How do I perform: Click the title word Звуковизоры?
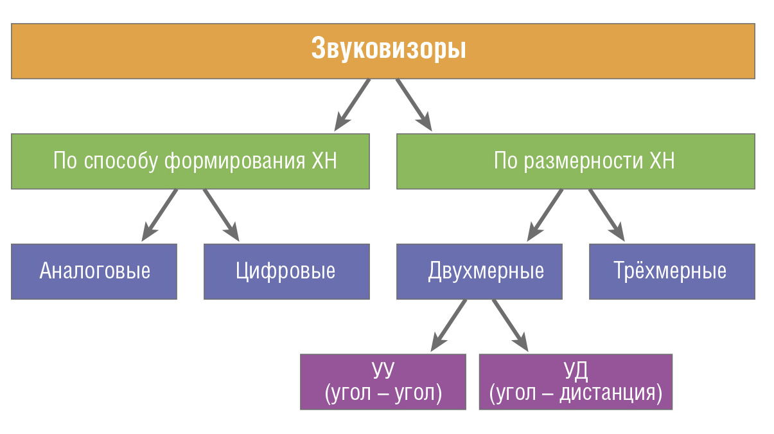389,49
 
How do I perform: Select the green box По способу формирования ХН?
190,161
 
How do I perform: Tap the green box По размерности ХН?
576,161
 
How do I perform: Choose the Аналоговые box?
94,271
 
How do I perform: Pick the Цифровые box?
286,271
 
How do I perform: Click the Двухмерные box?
479,271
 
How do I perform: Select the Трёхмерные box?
672,271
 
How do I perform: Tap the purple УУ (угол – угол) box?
383,382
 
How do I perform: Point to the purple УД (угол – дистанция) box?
576,382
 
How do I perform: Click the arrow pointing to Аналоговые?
159,215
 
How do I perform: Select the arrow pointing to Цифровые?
221,215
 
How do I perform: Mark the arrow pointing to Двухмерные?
545,215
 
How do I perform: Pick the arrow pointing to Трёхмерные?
607,215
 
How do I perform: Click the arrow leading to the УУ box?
449,325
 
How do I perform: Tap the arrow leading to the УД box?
511,325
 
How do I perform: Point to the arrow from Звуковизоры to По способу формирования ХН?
352,105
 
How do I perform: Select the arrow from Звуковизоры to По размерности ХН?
414,105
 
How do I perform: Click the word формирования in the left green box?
234,162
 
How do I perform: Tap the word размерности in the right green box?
583,162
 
